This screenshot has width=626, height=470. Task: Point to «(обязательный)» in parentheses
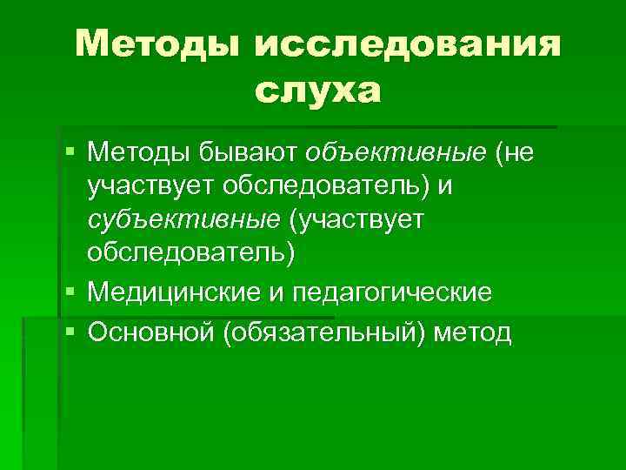pos(323,332)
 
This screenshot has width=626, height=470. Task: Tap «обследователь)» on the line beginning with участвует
pos(309,186)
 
